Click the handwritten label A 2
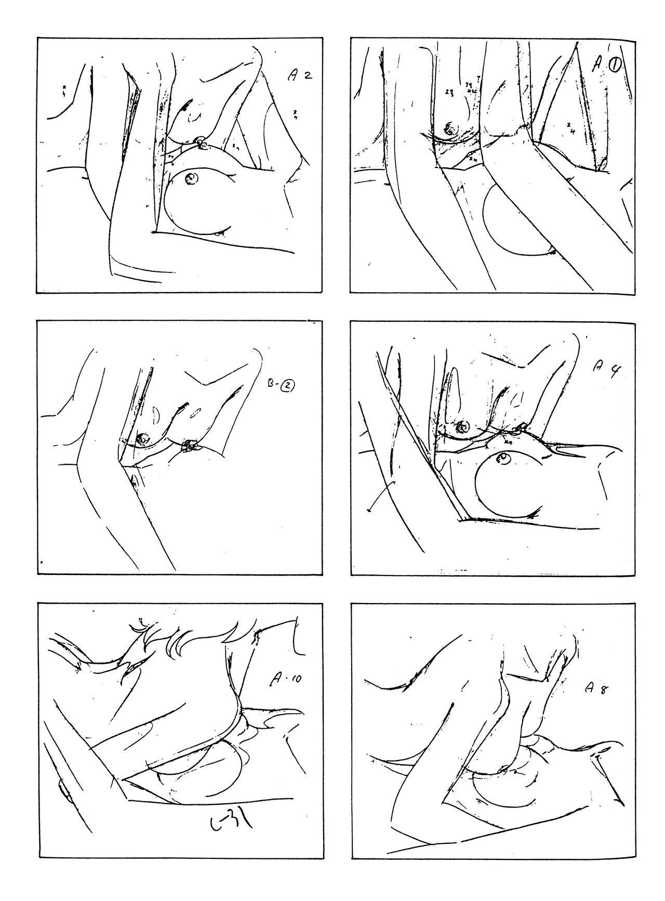click(300, 76)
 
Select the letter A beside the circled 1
click(598, 67)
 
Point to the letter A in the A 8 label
click(589, 687)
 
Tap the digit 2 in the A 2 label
click(308, 76)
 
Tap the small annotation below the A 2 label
click(295, 114)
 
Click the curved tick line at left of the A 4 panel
click(381, 496)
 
